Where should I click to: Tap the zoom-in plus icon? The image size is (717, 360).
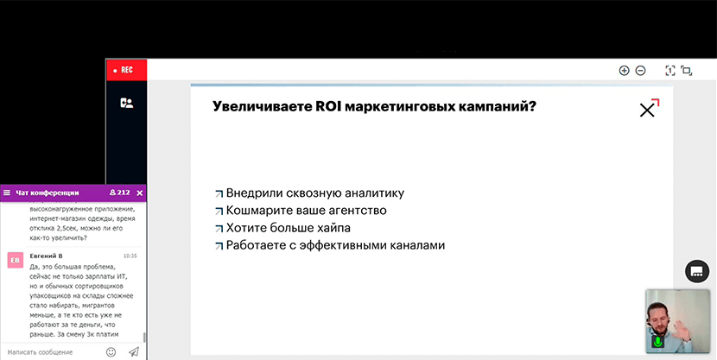click(624, 70)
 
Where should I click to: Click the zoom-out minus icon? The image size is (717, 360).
click(641, 70)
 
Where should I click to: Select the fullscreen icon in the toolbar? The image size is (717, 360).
click(687, 70)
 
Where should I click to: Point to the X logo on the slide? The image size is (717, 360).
click(649, 108)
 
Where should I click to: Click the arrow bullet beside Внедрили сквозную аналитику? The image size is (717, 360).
click(219, 193)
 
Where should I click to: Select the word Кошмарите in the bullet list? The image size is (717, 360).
click(257, 211)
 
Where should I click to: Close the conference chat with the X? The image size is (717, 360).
click(140, 193)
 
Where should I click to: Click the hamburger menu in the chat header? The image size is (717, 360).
click(7, 193)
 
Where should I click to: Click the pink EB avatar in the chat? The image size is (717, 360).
click(15, 260)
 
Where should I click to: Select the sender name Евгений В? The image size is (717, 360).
click(46, 256)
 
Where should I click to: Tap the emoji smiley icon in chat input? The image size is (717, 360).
click(111, 351)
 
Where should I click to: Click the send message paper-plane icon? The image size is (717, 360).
click(134, 351)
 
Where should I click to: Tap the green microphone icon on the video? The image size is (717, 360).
click(657, 341)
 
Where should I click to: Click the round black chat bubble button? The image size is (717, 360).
click(697, 271)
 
